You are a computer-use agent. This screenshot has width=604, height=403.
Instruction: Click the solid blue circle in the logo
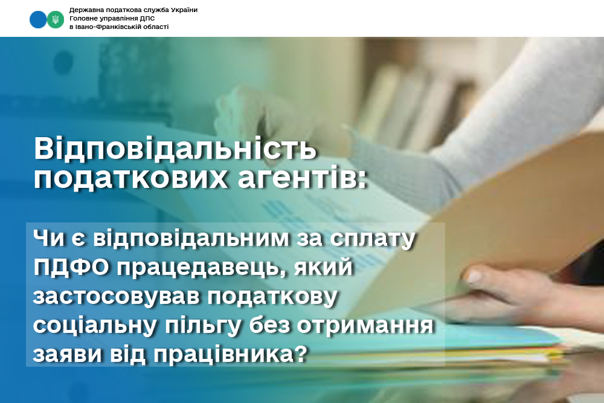pyautogui.click(x=37, y=20)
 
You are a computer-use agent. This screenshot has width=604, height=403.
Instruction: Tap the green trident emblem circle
pyautogui.click(x=56, y=20)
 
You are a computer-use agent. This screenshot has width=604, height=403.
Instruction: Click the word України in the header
pyautogui.click(x=182, y=10)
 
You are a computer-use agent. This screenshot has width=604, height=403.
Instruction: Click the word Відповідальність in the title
pyautogui.click(x=175, y=149)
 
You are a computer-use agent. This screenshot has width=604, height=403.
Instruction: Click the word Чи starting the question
pyautogui.click(x=49, y=238)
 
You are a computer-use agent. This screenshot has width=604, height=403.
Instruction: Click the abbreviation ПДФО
pyautogui.click(x=71, y=267)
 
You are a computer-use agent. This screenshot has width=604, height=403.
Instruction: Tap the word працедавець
pyautogui.click(x=202, y=268)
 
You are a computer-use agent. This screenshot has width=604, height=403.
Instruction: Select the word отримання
pyautogui.click(x=365, y=326)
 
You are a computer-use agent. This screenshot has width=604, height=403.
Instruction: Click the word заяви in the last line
pyautogui.click(x=68, y=355)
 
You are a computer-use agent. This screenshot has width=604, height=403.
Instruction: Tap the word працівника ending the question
pyautogui.click(x=231, y=355)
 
